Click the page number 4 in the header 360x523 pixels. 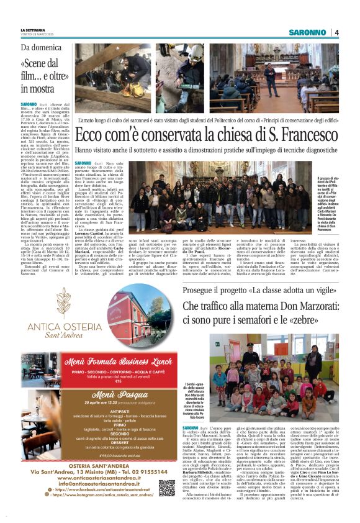336,32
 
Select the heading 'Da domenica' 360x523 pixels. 42,47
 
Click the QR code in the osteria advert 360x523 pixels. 166,488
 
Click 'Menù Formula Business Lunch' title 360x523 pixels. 101,362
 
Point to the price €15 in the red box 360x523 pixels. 101,381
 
